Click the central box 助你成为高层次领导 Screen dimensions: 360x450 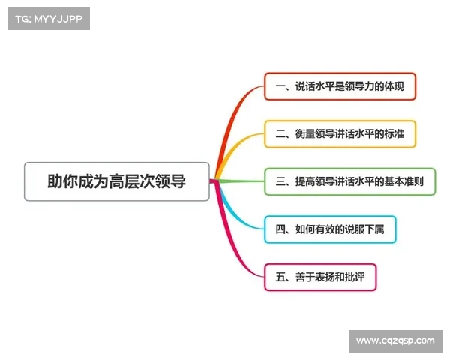click(116, 181)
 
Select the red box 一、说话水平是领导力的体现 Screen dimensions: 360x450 click(340, 87)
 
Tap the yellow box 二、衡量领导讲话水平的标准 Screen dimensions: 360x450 click(340, 134)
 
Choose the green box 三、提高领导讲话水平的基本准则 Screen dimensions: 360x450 click(350, 181)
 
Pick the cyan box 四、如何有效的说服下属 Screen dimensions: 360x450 click(330, 229)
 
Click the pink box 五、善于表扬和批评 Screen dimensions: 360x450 click(320, 277)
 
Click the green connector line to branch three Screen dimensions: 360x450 click(240, 181)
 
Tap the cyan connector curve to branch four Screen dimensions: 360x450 click(238, 214)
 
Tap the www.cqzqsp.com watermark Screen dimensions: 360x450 click(395, 340)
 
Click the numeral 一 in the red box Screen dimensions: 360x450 click(280, 87)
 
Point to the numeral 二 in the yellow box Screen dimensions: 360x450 click(280, 134)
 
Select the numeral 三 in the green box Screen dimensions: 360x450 click(280, 181)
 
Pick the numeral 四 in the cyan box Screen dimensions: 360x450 click(280, 229)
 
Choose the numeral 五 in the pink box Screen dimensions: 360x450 click(280, 277)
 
